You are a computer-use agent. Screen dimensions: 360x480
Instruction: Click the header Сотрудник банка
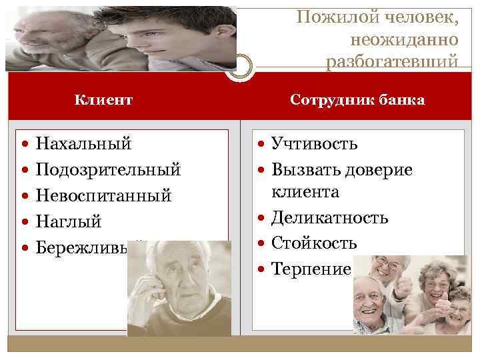pyautogui.click(x=358, y=100)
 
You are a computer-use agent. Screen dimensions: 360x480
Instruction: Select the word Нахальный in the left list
pyautogui.click(x=83, y=143)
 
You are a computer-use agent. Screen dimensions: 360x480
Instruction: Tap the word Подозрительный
pyautogui.click(x=108, y=169)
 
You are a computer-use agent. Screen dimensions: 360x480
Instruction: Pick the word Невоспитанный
pyautogui.click(x=103, y=195)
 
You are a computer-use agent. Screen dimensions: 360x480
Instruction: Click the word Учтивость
pyautogui.click(x=314, y=143)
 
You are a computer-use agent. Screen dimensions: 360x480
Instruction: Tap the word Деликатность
pyautogui.click(x=329, y=218)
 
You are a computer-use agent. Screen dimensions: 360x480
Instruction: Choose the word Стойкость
pyautogui.click(x=313, y=243)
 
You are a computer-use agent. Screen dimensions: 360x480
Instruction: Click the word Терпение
pyautogui.click(x=311, y=269)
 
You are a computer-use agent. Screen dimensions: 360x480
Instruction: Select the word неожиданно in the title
pyautogui.click(x=411, y=39)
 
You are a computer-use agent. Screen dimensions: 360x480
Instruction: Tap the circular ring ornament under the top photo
pyautogui.click(x=238, y=66)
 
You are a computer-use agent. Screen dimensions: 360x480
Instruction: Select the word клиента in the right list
pyautogui.click(x=305, y=193)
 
